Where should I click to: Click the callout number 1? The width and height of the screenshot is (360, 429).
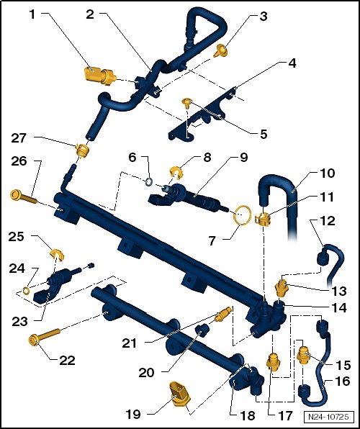click(33, 14)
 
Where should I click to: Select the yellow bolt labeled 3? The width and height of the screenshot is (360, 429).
click(220, 51)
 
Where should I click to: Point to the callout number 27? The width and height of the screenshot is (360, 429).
click(18, 138)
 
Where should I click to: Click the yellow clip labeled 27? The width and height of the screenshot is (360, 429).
click(82, 150)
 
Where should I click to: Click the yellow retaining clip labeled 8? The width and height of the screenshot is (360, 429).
click(176, 173)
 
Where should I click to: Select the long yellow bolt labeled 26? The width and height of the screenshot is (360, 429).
click(23, 197)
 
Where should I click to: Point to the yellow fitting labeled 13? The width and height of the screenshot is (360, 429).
click(282, 288)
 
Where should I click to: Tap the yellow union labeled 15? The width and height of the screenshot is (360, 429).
click(303, 355)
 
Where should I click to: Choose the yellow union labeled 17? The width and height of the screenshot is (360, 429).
click(273, 362)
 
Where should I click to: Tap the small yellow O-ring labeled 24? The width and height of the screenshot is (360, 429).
click(27, 291)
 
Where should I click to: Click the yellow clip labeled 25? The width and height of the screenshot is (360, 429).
click(57, 254)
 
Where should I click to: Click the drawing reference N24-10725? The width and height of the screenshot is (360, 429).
click(328, 417)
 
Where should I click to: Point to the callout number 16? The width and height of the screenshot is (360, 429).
click(343, 381)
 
